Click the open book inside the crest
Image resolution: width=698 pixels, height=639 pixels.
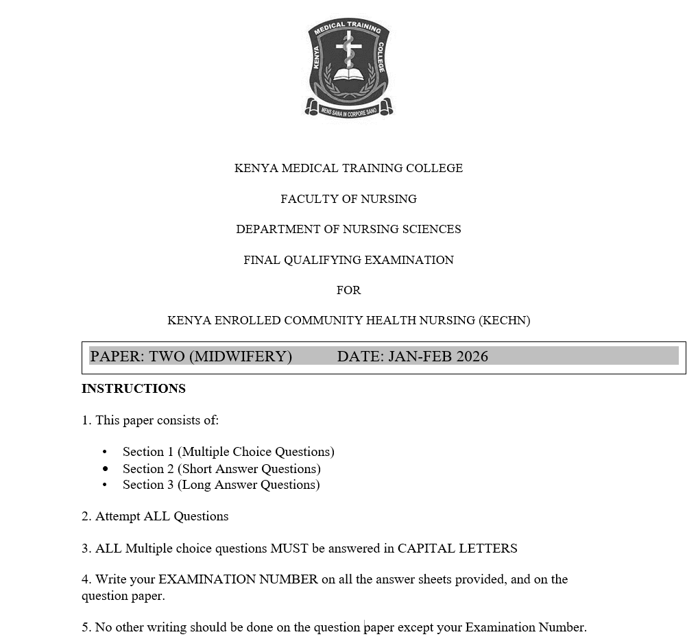[349, 73]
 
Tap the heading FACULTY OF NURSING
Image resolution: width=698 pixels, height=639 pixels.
[348, 199]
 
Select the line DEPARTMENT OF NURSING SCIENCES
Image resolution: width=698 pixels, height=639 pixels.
[348, 229]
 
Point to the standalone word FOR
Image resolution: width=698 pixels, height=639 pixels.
[348, 290]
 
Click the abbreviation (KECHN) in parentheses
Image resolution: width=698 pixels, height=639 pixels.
[504, 320]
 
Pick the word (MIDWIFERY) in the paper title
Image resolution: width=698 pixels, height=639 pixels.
[240, 356]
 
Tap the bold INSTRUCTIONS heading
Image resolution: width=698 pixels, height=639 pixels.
[134, 389]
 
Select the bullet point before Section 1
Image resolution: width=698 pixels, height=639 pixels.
[105, 452]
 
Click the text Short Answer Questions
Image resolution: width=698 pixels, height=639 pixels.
[250, 469]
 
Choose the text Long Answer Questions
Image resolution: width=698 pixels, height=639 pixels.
[249, 485]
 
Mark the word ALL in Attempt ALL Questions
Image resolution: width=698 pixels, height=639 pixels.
[156, 516]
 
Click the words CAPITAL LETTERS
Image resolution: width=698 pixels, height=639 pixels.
[457, 548]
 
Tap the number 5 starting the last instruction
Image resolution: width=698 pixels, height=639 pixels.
[85, 627]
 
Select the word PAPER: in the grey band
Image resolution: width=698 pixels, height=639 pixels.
[117, 356]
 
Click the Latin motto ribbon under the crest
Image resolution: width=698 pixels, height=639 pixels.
[349, 109]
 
